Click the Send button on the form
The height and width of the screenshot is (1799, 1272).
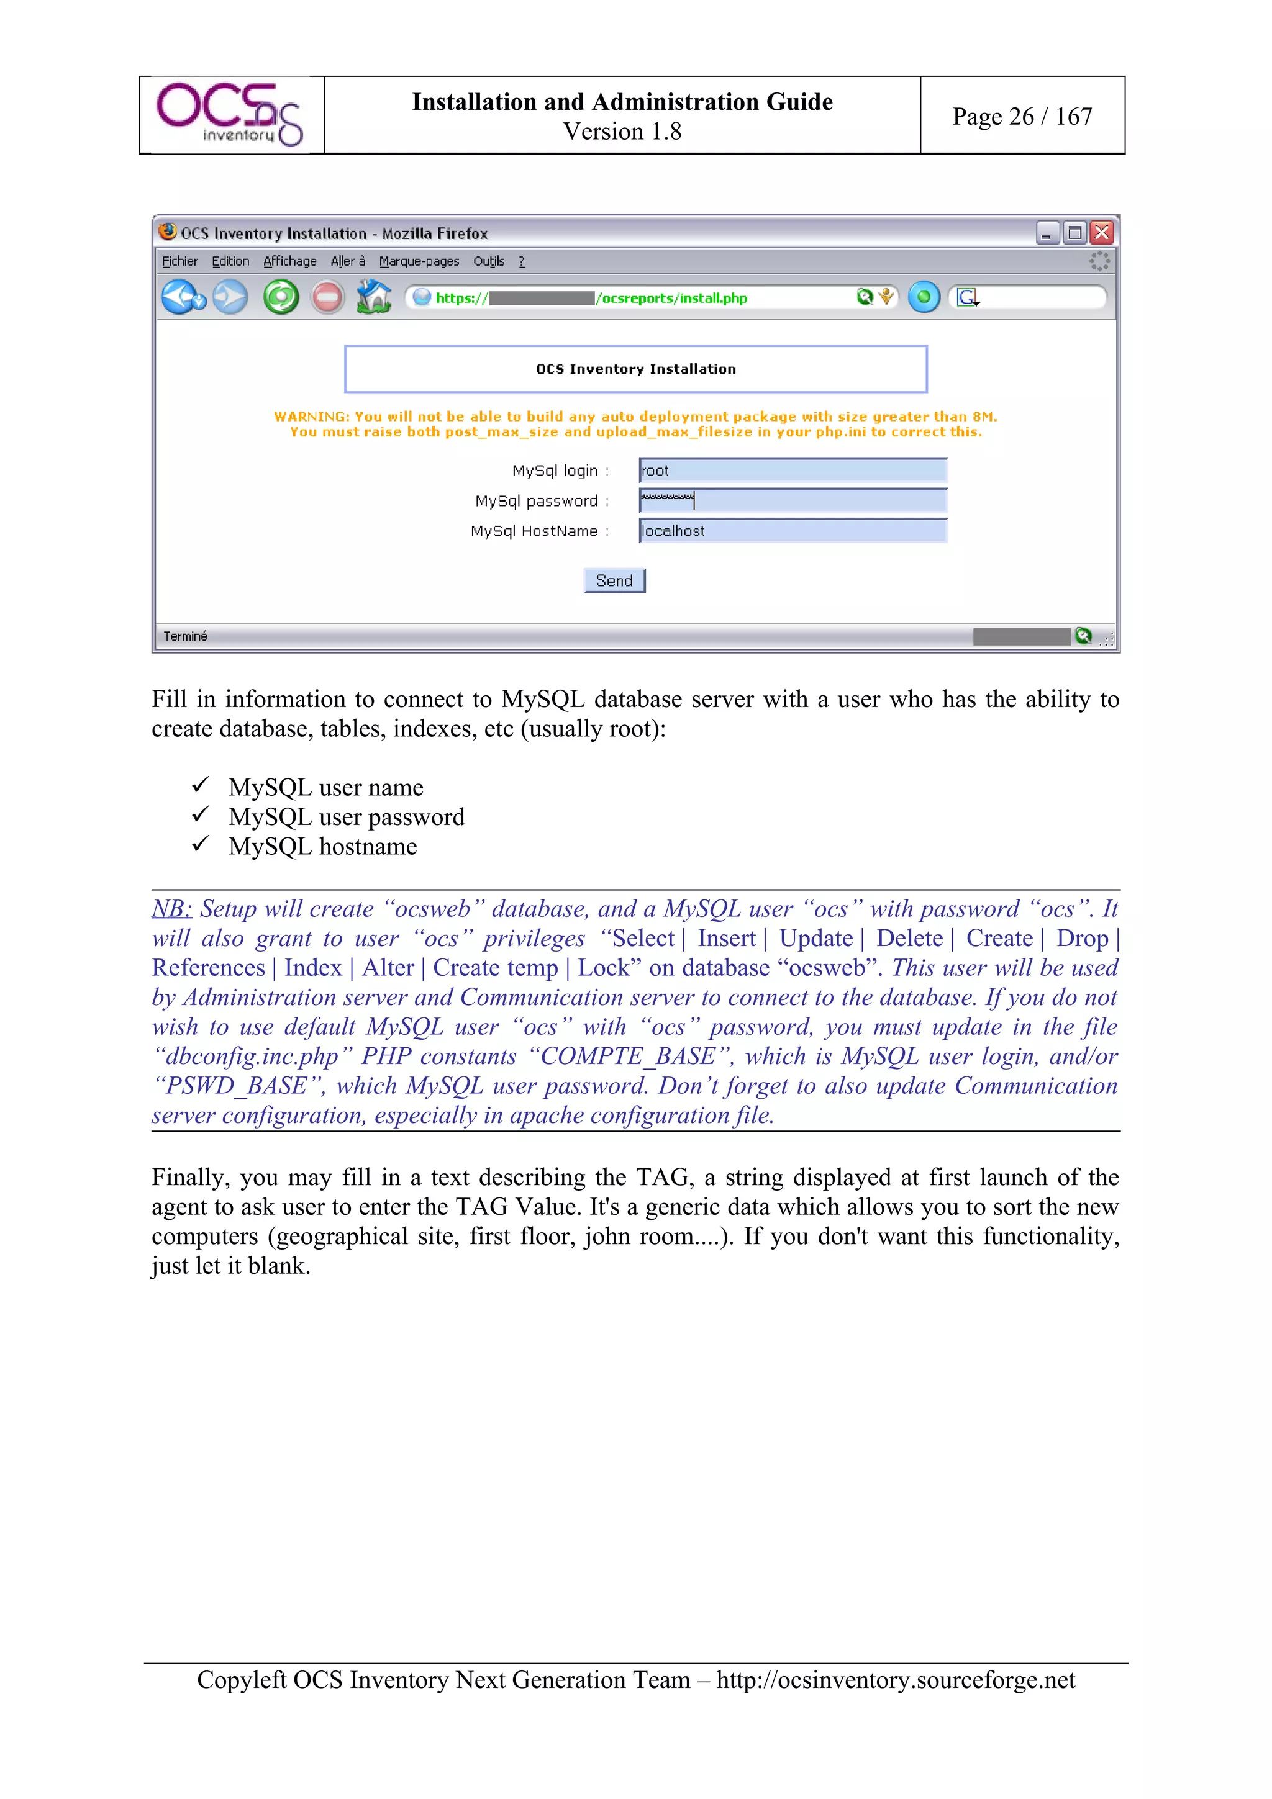tap(614, 580)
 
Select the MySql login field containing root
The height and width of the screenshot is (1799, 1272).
tap(793, 470)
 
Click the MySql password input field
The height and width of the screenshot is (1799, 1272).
tap(793, 500)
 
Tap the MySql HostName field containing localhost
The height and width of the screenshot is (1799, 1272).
tap(793, 531)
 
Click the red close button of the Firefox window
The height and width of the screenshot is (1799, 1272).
tap(1101, 233)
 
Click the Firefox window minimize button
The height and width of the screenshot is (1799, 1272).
tap(1047, 233)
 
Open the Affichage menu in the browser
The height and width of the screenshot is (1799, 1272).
tap(289, 261)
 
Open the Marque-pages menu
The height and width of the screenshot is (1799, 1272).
tap(419, 261)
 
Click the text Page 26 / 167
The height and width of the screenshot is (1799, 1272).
tap(1021, 116)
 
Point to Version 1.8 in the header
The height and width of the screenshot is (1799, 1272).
tap(622, 131)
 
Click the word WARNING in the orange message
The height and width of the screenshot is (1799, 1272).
tap(311, 416)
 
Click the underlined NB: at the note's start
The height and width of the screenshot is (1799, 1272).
tap(171, 908)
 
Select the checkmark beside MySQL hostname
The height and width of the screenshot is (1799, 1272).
tap(201, 844)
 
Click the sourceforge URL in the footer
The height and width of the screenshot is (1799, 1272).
tap(895, 1679)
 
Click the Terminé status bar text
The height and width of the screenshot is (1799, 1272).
tap(186, 636)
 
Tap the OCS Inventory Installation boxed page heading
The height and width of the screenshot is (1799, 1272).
tap(635, 369)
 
